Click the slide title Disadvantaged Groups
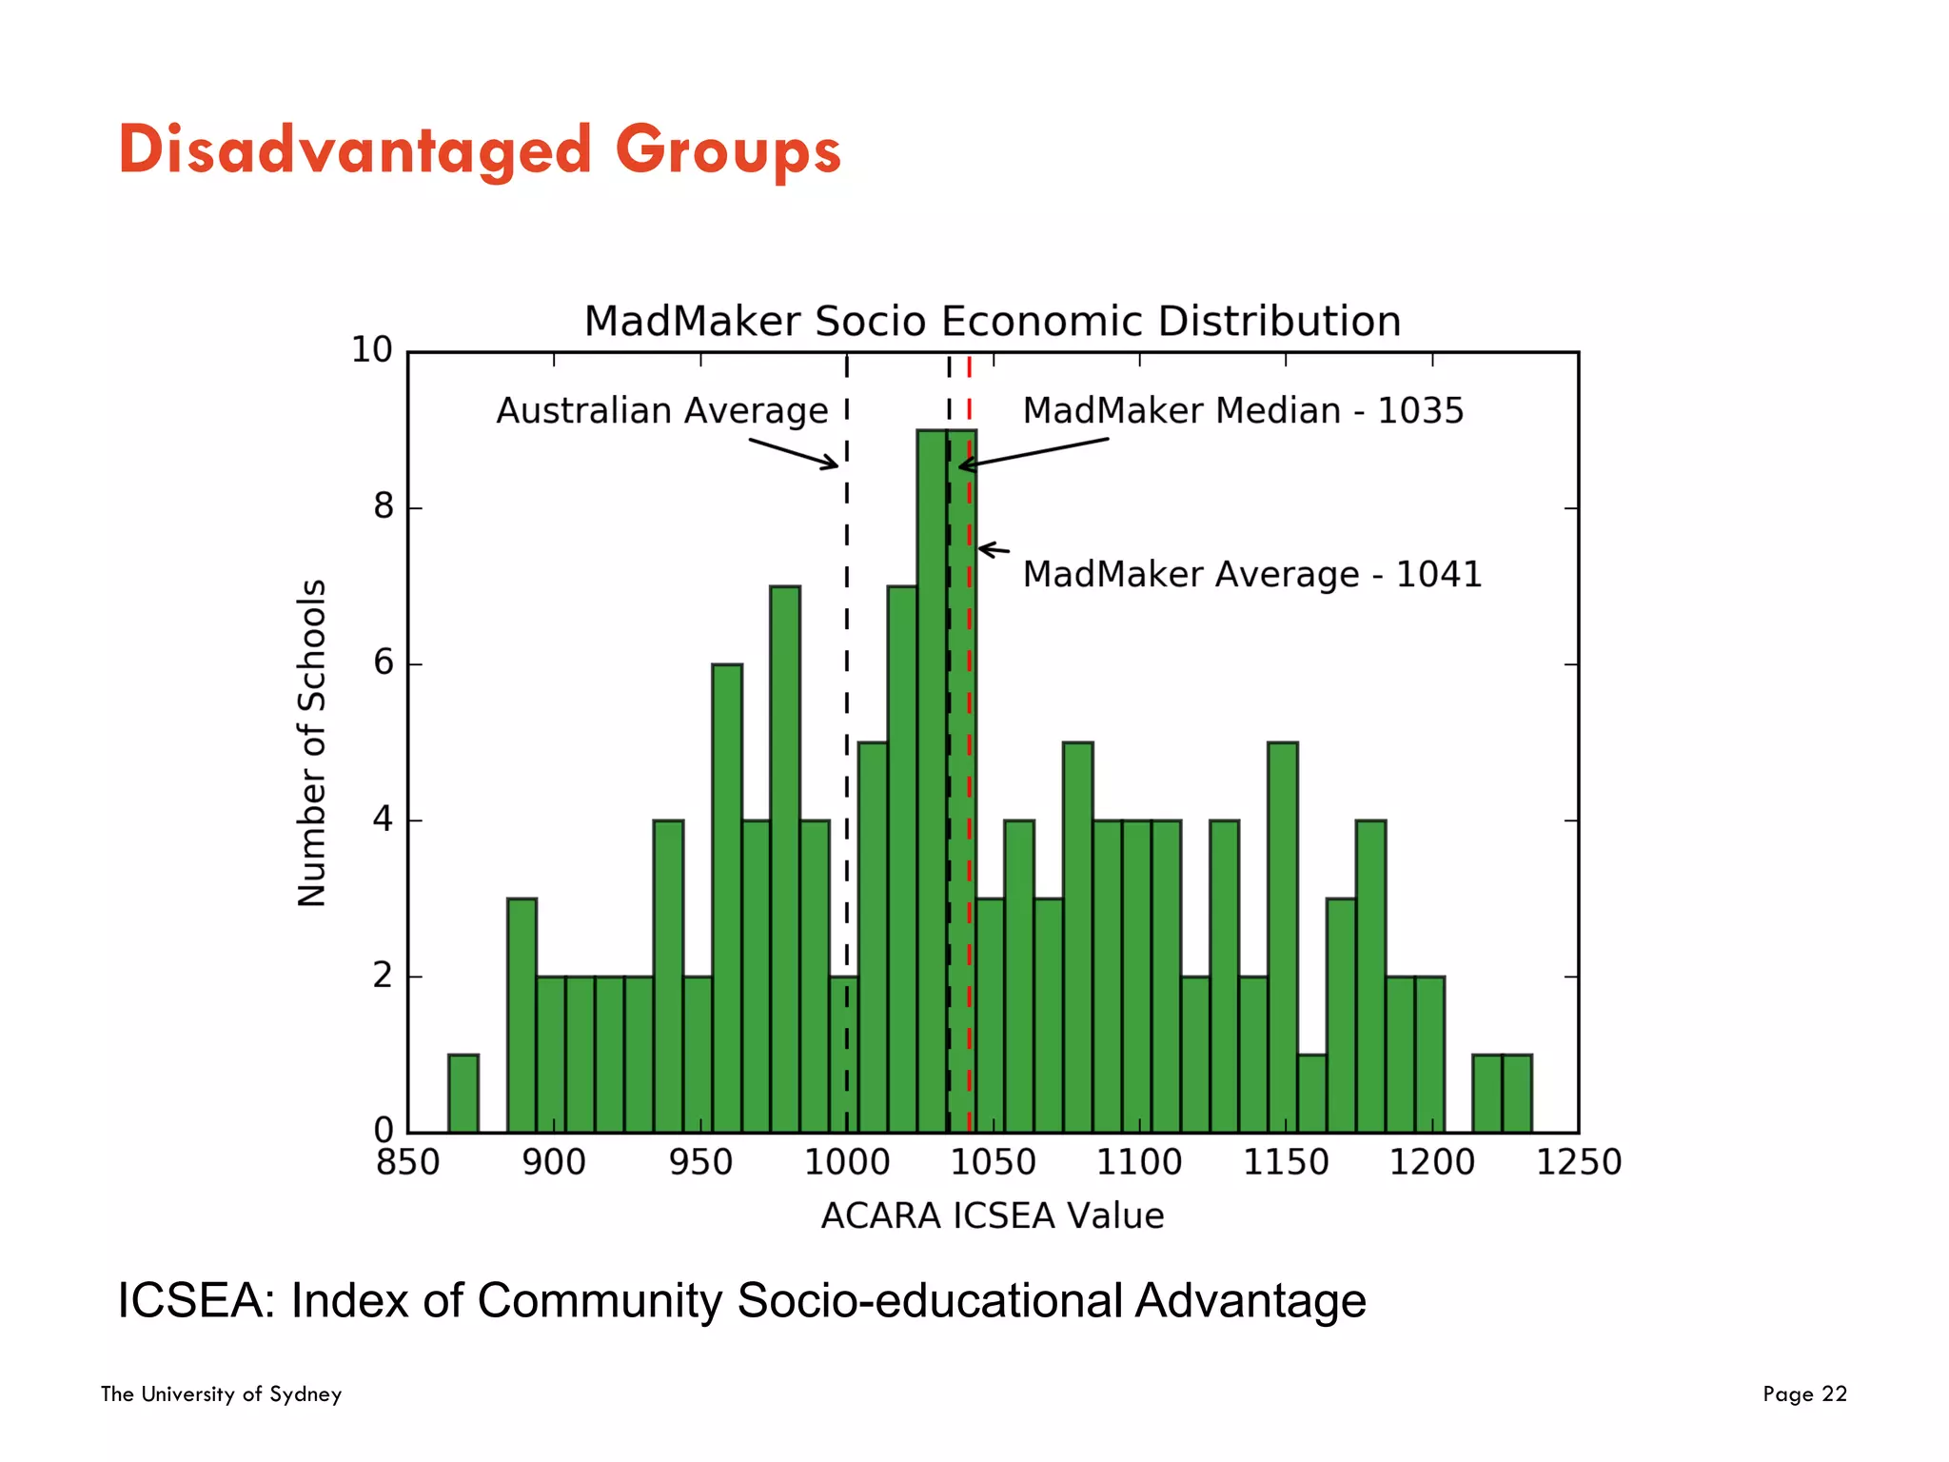pyautogui.click(x=480, y=150)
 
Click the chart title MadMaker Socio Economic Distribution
pyautogui.click(x=992, y=322)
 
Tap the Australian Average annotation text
pyautogui.click(x=662, y=411)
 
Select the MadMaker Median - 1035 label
pyautogui.click(x=1243, y=411)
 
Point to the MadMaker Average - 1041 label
pyautogui.click(x=1252, y=575)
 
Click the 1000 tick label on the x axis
pyautogui.click(x=846, y=1163)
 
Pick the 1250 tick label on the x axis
pyautogui.click(x=1578, y=1163)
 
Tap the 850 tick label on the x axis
pyautogui.click(x=407, y=1163)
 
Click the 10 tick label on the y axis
pyautogui.click(x=371, y=350)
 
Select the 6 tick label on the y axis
pyautogui.click(x=383, y=662)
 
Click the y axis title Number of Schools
pyautogui.click(x=312, y=742)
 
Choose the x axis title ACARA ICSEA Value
pyautogui.click(x=992, y=1216)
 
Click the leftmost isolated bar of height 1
pyautogui.click(x=463, y=1094)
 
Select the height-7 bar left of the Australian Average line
pyautogui.click(x=785, y=857)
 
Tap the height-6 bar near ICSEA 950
pyautogui.click(x=727, y=895)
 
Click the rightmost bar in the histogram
pyautogui.click(x=1517, y=1094)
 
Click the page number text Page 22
pyautogui.click(x=1804, y=1394)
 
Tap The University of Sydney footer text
pyautogui.click(x=221, y=1394)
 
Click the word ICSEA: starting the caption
pyautogui.click(x=195, y=1301)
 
